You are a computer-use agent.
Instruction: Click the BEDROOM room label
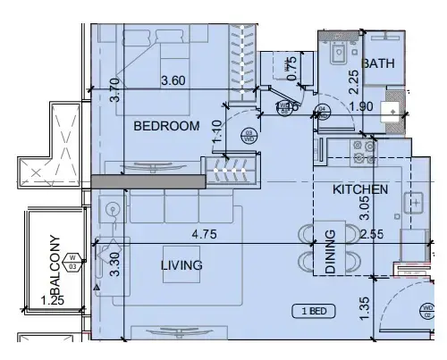click(x=166, y=127)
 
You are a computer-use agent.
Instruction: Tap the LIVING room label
click(x=181, y=265)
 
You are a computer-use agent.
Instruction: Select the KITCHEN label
click(x=360, y=189)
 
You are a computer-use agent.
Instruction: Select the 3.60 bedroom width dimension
click(x=173, y=81)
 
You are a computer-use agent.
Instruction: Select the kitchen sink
click(x=416, y=203)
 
